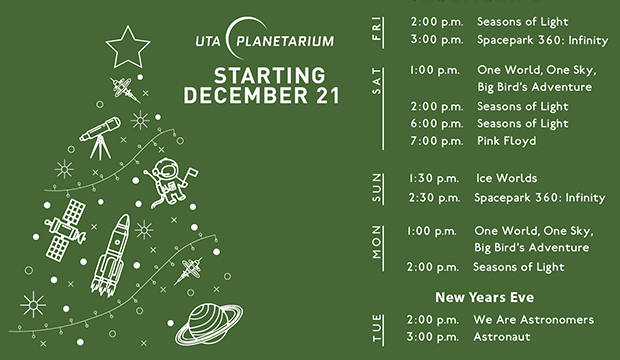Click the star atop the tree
129,44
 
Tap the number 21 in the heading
322,96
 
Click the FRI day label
377,30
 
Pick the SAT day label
377,87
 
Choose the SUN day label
377,188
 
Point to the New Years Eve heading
485,297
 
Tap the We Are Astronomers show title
534,320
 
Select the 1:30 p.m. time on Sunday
433,177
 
